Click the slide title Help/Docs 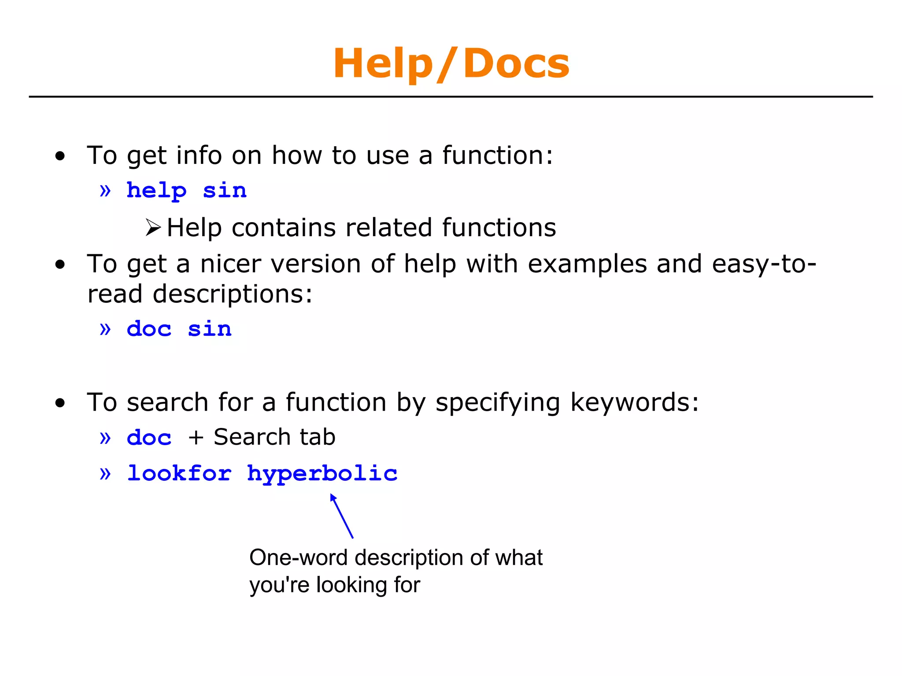point(451,64)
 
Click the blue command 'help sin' point(186,191)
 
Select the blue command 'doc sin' point(179,329)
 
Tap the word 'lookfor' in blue point(179,473)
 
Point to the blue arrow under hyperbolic point(342,516)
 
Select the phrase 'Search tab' point(274,437)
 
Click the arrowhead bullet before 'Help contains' point(153,228)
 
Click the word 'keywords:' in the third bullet point(634,402)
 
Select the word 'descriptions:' point(233,294)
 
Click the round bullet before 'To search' point(60,403)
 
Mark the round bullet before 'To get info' point(60,156)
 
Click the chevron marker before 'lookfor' point(105,474)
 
